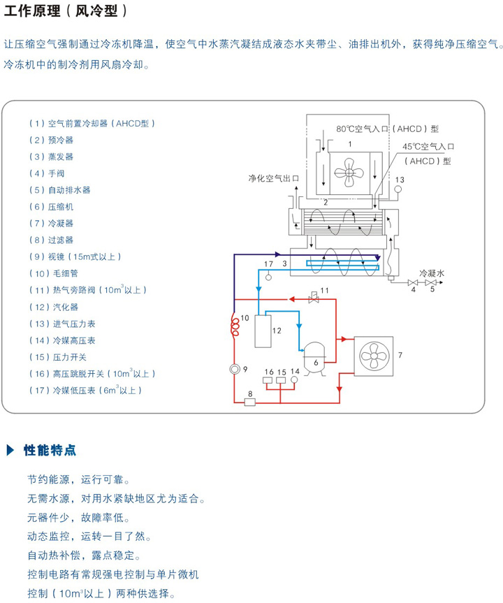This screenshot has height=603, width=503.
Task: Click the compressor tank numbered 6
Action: pos(316,356)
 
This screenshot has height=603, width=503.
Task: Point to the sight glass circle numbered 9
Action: pos(234,369)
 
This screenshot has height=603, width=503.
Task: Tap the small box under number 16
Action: pos(268,381)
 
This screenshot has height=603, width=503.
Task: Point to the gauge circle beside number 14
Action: pos(295,379)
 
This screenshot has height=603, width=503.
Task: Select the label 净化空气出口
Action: pos(273,178)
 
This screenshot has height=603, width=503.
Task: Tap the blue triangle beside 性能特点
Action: pos(10,449)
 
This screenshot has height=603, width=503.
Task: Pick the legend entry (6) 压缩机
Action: pos(51,207)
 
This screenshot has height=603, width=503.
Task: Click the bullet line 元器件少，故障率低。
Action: pos(79,518)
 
